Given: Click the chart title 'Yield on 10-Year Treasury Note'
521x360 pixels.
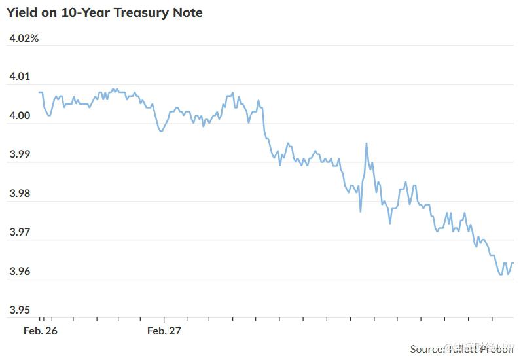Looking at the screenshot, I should point(105,13).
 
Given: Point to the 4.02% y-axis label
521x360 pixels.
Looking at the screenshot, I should point(24,39).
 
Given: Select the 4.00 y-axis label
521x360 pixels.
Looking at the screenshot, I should point(20,117).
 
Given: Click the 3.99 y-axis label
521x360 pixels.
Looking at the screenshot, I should point(20,155).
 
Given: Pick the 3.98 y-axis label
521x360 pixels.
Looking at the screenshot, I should point(20,194).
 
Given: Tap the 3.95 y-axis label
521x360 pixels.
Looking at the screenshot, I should point(20,310).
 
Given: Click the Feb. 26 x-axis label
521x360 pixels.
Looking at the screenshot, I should point(41,331).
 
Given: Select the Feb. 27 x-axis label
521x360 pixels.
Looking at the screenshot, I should point(164,331).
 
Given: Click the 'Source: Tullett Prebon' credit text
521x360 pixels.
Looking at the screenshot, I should point(461,350).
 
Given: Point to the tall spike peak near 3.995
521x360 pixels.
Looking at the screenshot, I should point(367,143).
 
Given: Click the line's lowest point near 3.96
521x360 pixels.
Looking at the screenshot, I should point(501,275).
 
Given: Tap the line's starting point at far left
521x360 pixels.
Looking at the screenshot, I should point(39,92).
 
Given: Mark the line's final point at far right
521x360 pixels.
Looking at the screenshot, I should point(514,263).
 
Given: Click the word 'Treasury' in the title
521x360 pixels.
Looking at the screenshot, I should point(141,13).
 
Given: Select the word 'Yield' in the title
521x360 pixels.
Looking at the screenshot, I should point(22,13).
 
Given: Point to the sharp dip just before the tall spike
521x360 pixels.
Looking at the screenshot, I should point(361,211).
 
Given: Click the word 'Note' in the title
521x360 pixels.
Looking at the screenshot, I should point(187,13).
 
